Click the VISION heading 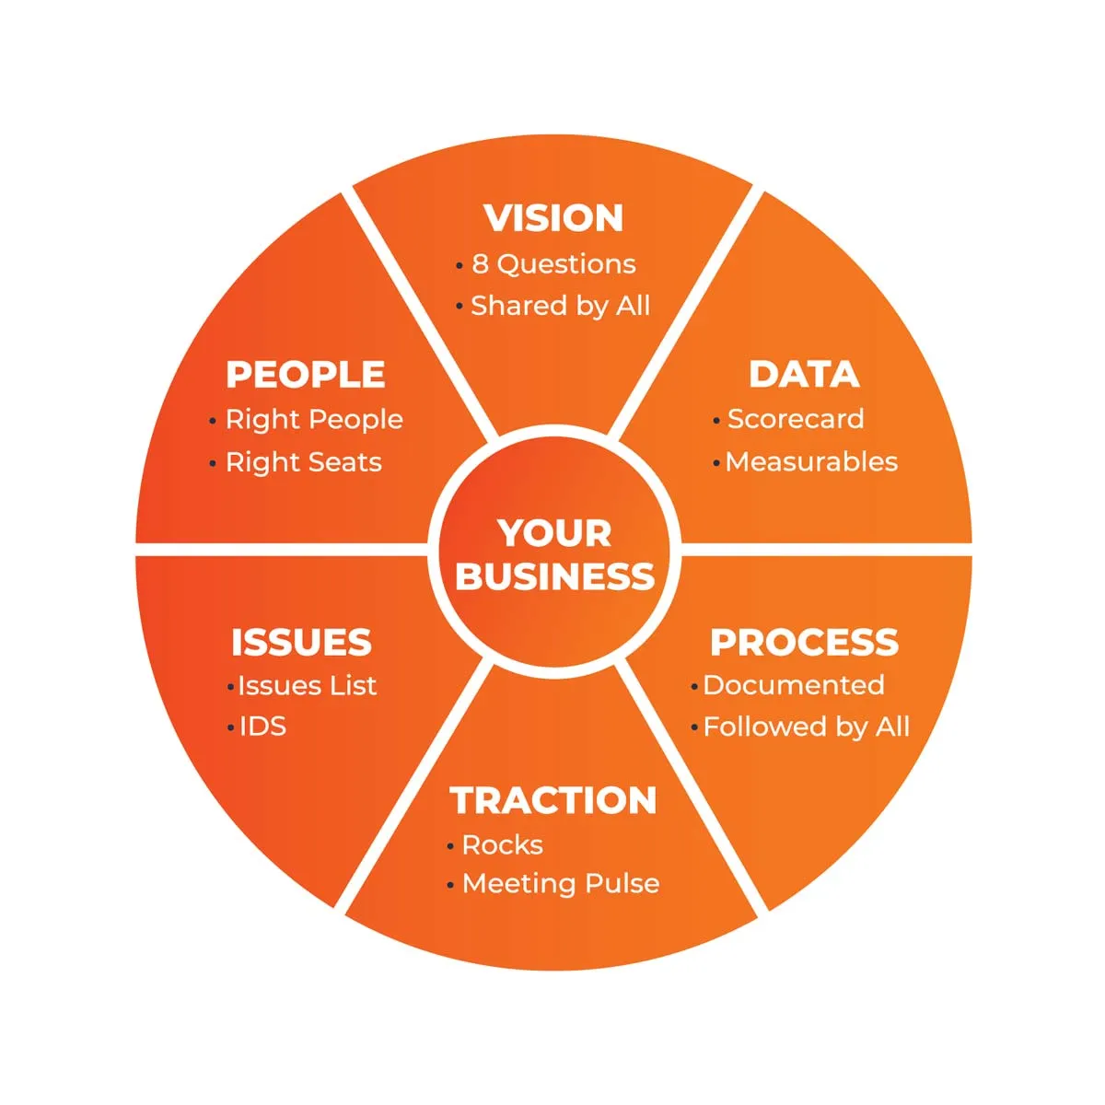coord(553,218)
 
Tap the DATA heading coord(804,375)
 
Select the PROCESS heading coord(804,643)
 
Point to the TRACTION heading coord(553,800)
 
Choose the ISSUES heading coord(301,643)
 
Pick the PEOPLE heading coord(306,375)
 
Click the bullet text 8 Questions coord(553,264)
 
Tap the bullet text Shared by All coord(560,305)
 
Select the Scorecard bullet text coord(796,419)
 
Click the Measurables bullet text coord(811,461)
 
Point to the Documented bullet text coord(793,685)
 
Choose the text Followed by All coord(806,727)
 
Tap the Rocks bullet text coord(502,844)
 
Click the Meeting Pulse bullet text coord(561,884)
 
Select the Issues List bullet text coord(308,685)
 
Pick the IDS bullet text coord(262,727)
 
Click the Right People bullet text coord(314,420)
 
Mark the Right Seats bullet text coord(304,461)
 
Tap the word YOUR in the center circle coord(554,533)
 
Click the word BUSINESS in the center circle coord(554,576)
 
